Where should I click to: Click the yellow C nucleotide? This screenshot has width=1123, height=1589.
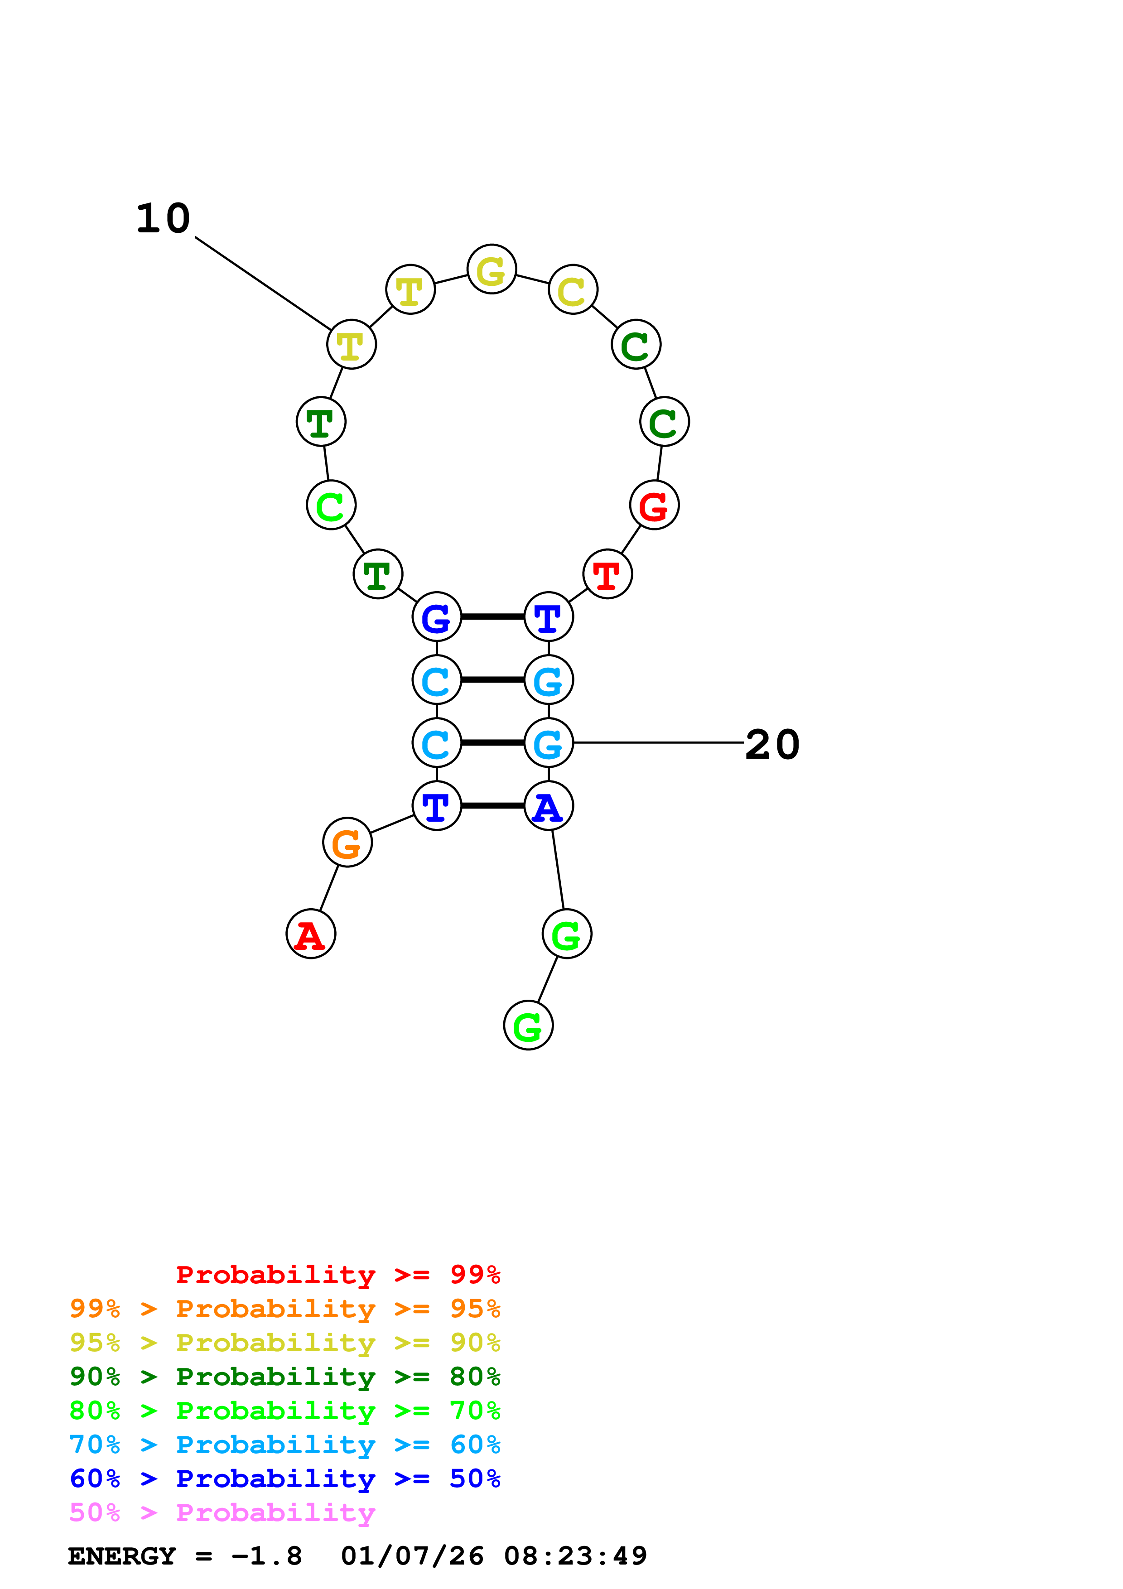pyautogui.click(x=573, y=289)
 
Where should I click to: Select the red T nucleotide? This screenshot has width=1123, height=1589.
pyautogui.click(x=607, y=574)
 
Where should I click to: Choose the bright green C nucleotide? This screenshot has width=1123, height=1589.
pyautogui.click(x=332, y=505)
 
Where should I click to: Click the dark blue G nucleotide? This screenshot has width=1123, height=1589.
pyautogui.click(x=437, y=616)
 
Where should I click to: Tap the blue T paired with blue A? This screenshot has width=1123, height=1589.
pyautogui.click(x=437, y=805)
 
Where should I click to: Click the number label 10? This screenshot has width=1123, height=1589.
pyautogui.click(x=163, y=219)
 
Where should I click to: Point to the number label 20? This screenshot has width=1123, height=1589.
pyautogui.click(x=772, y=745)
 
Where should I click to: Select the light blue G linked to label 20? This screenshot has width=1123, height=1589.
pyautogui.click(x=549, y=742)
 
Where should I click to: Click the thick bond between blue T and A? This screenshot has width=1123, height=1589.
pyautogui.click(x=493, y=805)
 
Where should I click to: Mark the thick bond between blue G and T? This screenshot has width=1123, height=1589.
pyautogui.click(x=493, y=616)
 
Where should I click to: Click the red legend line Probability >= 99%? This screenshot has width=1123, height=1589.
pyautogui.click(x=337, y=1274)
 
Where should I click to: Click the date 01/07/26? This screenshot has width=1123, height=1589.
pyautogui.click(x=412, y=1556)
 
